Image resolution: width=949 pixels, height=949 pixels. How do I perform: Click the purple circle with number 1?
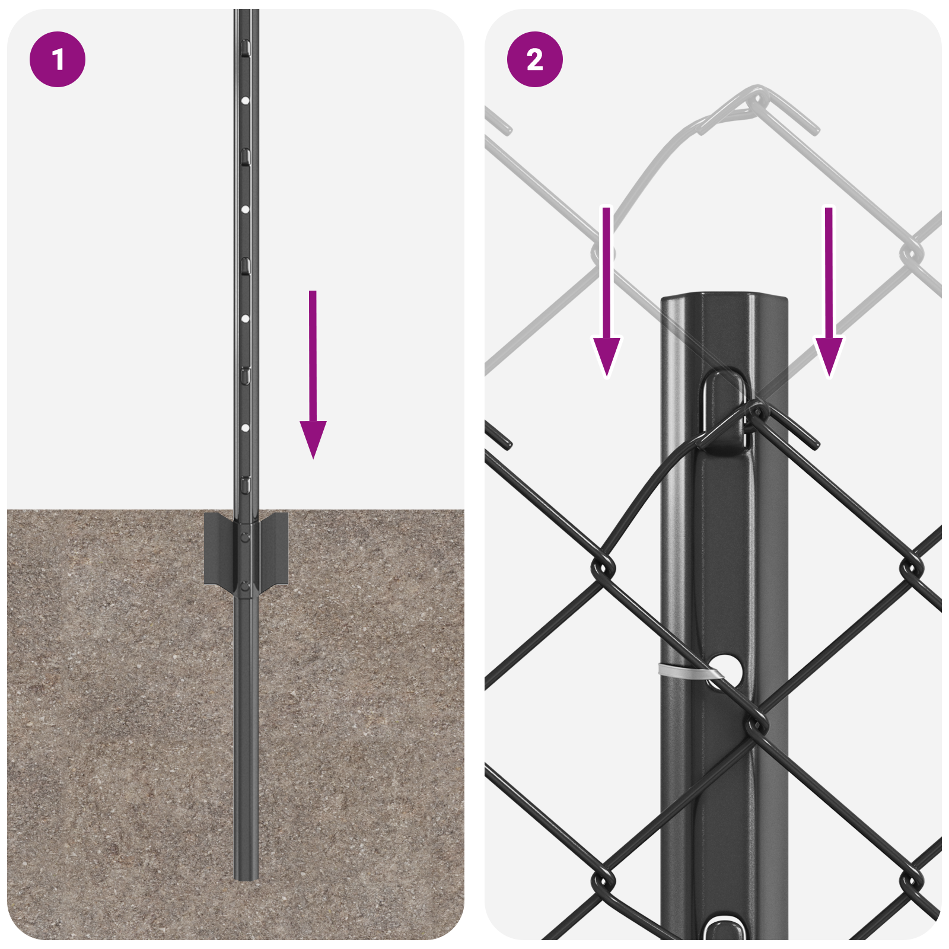click(58, 59)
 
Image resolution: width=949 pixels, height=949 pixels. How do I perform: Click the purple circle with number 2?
click(534, 59)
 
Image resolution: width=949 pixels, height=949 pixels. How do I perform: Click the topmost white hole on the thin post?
click(245, 100)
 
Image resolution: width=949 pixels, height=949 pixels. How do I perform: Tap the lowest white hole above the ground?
click(245, 427)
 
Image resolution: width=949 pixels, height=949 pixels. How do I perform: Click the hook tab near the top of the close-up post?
click(724, 409)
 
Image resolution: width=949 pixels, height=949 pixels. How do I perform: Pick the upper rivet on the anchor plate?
click(245, 537)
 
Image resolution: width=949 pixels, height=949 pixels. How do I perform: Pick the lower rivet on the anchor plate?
click(245, 587)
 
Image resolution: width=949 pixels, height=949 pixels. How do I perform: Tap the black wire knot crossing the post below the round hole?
click(756, 724)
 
